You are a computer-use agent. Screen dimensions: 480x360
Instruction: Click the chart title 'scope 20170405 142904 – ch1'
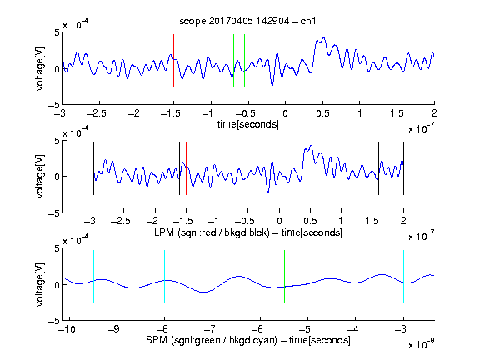coord(247,21)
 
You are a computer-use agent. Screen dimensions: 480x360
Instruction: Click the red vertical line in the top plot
coord(173,60)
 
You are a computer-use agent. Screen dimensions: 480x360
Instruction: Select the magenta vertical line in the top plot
coord(397,60)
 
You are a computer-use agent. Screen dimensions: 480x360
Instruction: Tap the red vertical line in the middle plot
coord(186,168)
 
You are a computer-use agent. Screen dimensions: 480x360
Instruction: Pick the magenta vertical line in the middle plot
coord(372,168)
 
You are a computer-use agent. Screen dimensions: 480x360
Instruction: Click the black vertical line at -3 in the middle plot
coord(93,168)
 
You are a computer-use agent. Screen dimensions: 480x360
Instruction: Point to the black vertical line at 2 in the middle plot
coord(403,168)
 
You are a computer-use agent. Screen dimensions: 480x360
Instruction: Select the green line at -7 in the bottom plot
coord(212,276)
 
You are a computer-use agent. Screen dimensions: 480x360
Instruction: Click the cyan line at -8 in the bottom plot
coord(165,276)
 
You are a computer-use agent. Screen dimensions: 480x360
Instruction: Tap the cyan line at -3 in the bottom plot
coord(403,276)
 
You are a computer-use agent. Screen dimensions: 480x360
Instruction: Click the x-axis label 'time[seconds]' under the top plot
coord(248,124)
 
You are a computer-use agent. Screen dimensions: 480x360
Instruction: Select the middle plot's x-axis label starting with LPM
coord(248,232)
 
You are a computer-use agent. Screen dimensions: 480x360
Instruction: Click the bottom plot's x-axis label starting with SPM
coord(248,340)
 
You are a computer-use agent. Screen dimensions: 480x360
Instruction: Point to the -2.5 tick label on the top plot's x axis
coord(97,113)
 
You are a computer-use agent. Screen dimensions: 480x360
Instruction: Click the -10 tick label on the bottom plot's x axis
coord(67,329)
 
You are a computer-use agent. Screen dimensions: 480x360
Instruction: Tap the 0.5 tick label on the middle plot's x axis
coord(310,221)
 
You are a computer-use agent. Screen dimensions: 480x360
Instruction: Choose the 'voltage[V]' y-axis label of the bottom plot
coord(40,284)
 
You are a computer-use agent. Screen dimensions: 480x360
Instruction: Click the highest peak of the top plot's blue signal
coord(323,37)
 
